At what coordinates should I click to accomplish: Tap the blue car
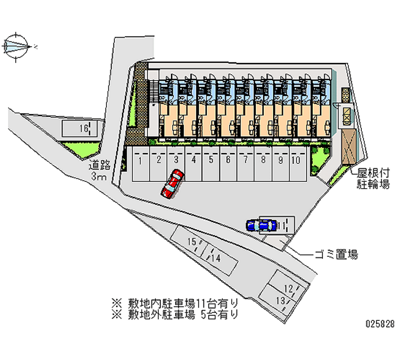pos(261,225)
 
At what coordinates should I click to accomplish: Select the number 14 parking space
pos(216,258)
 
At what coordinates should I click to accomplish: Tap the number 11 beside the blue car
pos(283,225)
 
